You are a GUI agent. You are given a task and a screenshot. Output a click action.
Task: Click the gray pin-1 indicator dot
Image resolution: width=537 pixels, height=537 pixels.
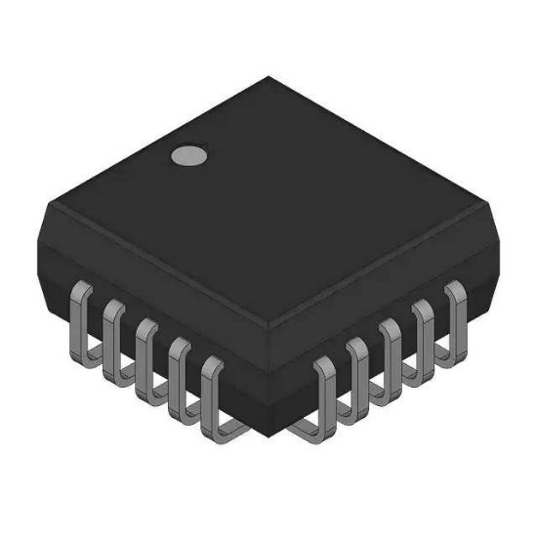pyautogui.click(x=188, y=154)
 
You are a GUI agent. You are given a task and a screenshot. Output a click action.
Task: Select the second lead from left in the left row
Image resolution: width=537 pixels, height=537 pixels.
pyautogui.click(x=113, y=338)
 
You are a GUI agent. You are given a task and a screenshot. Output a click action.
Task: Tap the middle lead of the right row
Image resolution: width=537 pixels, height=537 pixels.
pyautogui.click(x=390, y=354)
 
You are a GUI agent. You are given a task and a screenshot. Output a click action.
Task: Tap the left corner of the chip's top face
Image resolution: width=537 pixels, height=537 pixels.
pyautogui.click(x=50, y=208)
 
